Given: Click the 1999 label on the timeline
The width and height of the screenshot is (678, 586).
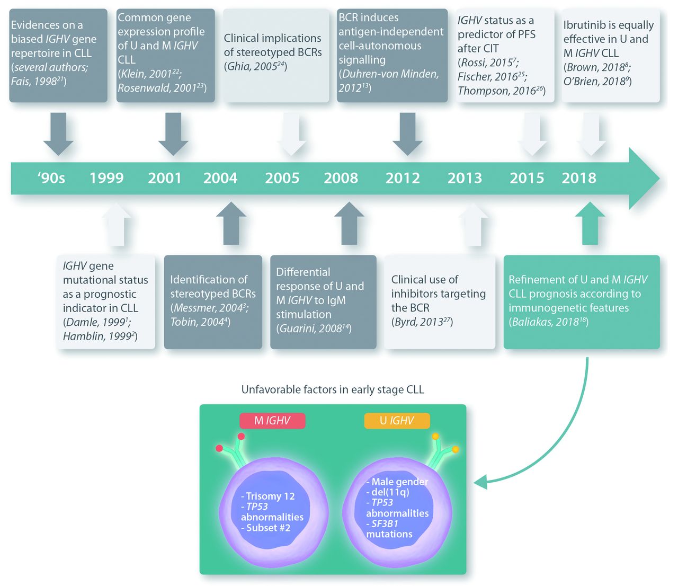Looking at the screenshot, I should click(106, 178).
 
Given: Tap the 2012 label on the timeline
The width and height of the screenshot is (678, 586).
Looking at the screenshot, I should click(403, 178).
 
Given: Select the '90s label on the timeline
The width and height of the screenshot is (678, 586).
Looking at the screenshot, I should click(51, 178).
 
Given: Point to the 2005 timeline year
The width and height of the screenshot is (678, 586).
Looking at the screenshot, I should click(282, 178).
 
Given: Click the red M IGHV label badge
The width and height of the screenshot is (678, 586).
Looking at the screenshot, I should click(272, 421).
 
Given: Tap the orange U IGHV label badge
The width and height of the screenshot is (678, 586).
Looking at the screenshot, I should click(397, 421).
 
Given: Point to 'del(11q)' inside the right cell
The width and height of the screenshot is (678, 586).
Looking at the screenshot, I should click(390, 492).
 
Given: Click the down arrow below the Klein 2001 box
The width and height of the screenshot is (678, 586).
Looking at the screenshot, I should click(173, 134).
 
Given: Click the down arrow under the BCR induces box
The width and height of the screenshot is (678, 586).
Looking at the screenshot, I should click(407, 134).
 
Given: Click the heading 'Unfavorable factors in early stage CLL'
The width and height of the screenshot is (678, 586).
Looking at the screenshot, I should click(333, 390).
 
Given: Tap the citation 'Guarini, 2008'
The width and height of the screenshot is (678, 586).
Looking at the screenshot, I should click(313, 329).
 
